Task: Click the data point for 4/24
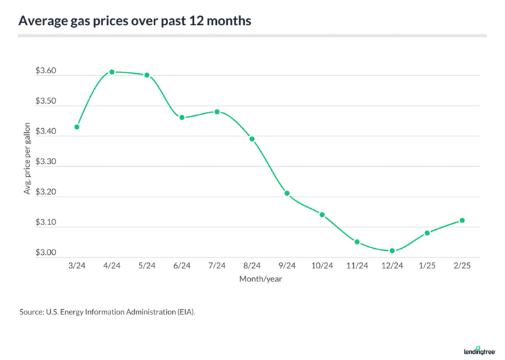pos(112,72)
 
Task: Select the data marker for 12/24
pos(392,251)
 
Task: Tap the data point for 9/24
pos(287,193)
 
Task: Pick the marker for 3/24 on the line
pos(77,127)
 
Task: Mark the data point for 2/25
pos(462,220)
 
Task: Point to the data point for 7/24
pos(217,111)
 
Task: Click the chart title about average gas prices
pos(135,21)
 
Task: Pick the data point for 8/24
pos(252,139)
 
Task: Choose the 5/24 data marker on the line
pos(147,75)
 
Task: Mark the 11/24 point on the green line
pos(357,242)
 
